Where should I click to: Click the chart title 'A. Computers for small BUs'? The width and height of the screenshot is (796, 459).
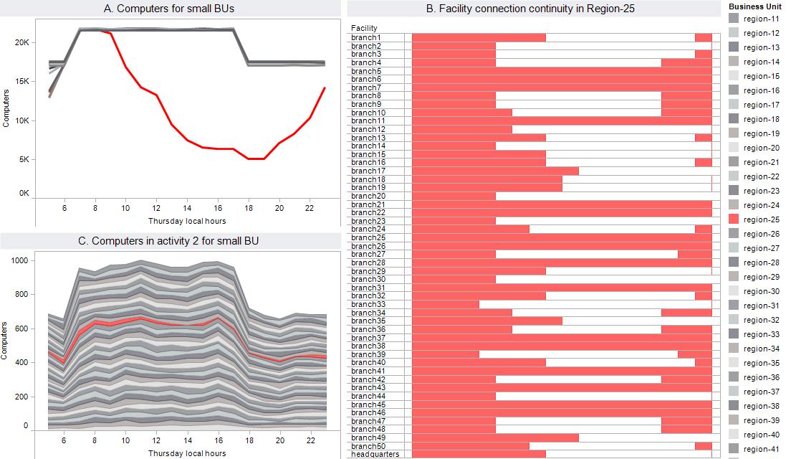(169, 9)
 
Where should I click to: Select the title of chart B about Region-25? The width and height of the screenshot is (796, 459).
(530, 9)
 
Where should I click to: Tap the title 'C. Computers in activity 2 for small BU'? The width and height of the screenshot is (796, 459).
(169, 241)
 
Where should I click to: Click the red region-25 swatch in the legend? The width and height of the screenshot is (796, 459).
(734, 219)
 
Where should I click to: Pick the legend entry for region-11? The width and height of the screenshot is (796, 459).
(761, 19)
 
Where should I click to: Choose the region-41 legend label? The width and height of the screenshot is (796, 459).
(761, 449)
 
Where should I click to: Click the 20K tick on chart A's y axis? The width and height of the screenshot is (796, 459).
(22, 43)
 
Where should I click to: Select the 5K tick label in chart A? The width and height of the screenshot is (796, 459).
(24, 160)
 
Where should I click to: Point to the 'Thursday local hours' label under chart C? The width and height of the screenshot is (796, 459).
(186, 453)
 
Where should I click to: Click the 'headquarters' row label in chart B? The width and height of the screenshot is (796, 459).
(375, 454)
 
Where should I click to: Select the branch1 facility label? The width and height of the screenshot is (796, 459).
(366, 37)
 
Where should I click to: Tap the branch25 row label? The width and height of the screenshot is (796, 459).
(368, 237)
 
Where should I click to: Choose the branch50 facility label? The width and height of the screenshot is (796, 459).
(368, 445)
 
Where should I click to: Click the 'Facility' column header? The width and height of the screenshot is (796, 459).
(364, 28)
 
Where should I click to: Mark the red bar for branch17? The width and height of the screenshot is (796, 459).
(495, 171)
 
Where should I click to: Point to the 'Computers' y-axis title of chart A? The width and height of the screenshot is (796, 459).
(6, 108)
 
